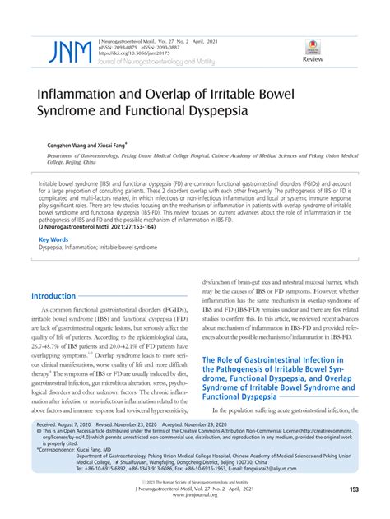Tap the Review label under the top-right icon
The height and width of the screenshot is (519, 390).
tap(313, 61)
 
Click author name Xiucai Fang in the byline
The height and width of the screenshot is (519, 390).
tap(100, 141)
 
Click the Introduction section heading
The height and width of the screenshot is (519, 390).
tap(53, 295)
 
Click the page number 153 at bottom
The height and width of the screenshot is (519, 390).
tap(354, 490)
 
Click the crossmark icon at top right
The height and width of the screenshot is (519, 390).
tap(313, 47)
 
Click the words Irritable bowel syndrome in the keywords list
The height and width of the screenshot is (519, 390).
tap(132, 248)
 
